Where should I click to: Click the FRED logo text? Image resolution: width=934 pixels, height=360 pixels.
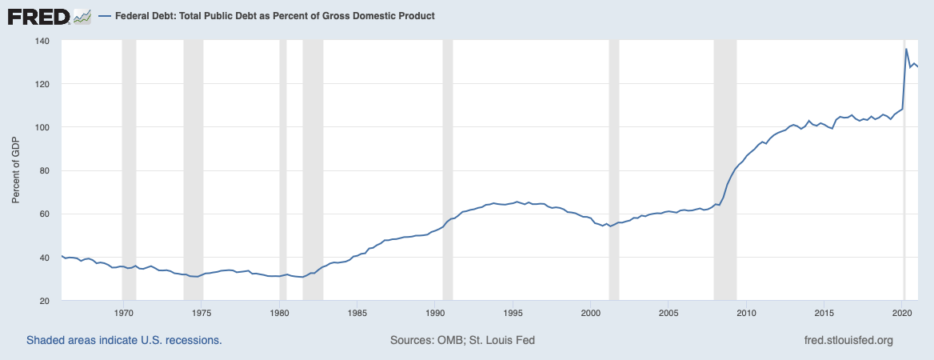38,16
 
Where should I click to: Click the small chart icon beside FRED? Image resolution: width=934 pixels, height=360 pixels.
82,16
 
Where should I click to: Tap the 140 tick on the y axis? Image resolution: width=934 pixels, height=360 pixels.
42,41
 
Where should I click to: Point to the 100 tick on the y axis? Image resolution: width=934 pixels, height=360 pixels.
42,127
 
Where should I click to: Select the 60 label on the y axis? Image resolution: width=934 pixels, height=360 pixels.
45,214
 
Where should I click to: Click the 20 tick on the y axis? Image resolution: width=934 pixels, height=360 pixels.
45,301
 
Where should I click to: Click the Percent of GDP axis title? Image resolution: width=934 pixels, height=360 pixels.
16,170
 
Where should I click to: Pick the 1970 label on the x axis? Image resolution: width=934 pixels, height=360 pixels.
123,313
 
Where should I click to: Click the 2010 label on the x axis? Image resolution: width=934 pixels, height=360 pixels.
747,313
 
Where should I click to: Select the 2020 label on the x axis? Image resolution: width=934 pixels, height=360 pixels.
903,313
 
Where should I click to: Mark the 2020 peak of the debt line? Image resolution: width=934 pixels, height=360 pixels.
906,50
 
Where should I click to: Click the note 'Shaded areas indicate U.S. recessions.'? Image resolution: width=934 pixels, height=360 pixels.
124,340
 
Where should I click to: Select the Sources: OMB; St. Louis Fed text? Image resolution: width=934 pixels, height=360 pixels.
462,340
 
